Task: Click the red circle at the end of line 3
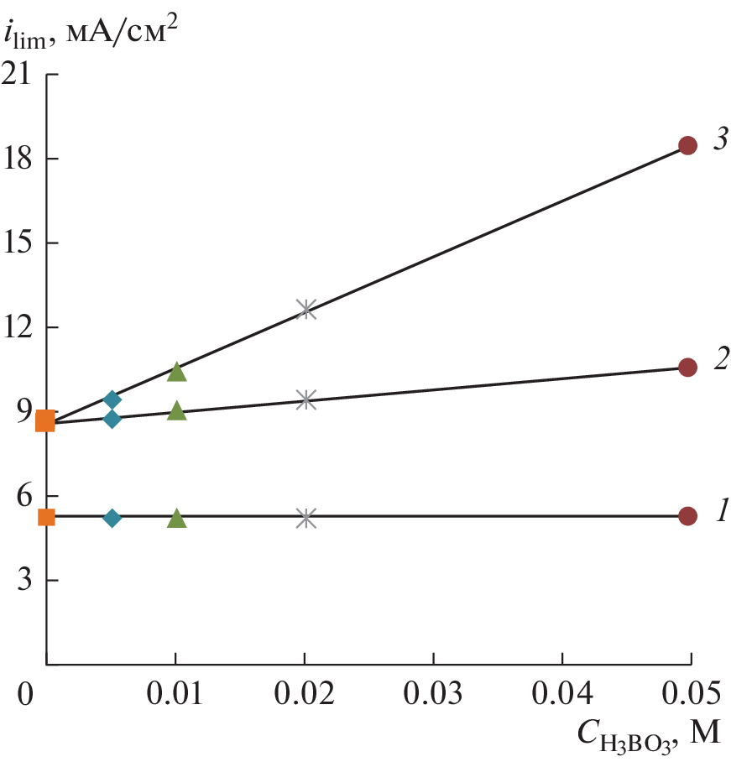tap(687, 146)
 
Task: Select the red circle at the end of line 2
tap(687, 367)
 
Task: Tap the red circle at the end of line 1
tap(687, 516)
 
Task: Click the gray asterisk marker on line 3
tap(306, 309)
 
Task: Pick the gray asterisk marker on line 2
tap(306, 399)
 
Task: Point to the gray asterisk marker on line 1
tap(306, 518)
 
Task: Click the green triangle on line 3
tap(176, 372)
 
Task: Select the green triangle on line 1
tap(176, 519)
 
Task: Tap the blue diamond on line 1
tap(112, 518)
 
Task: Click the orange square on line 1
tap(47, 517)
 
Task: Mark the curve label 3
tap(719, 140)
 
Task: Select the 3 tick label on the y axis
tap(25, 580)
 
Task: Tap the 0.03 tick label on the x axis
tap(433, 694)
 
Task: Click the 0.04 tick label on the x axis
tap(561, 694)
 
